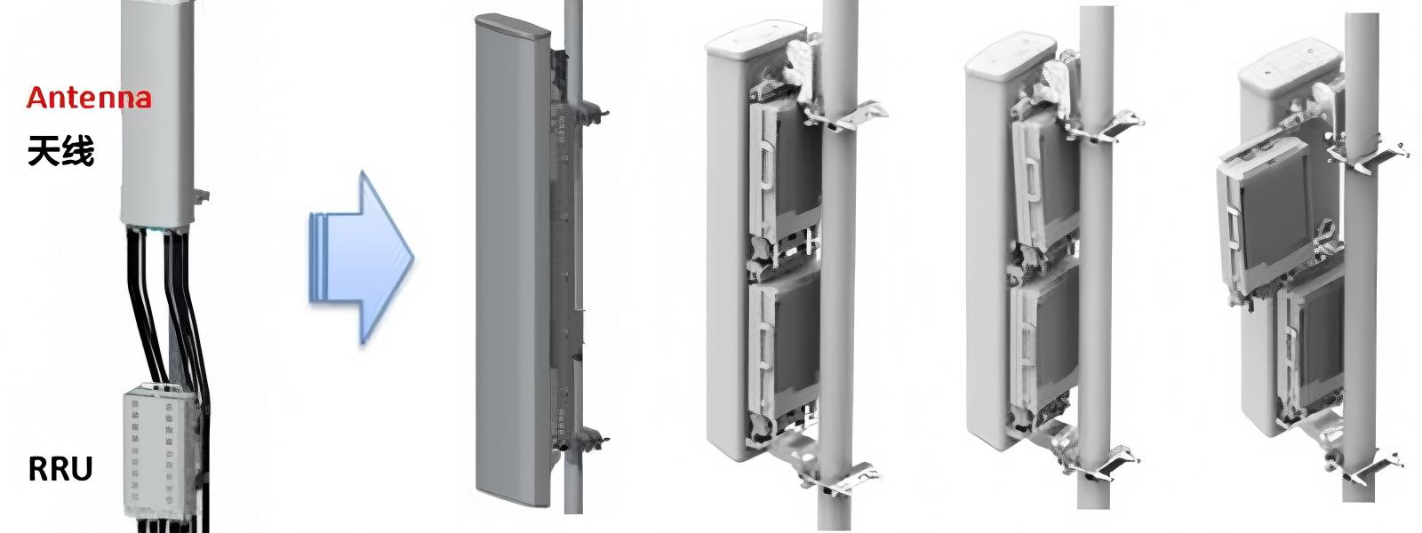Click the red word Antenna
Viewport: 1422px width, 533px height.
(x=89, y=97)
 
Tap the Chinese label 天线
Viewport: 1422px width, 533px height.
(x=60, y=152)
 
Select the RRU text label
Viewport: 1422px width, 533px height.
(x=60, y=468)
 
